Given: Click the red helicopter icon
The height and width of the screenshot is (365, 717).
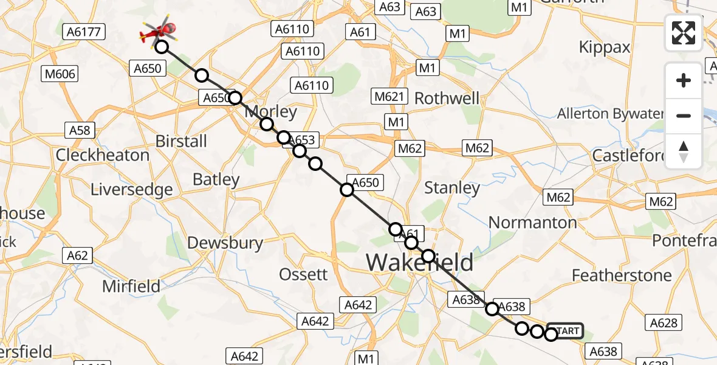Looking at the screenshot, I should tap(159, 31).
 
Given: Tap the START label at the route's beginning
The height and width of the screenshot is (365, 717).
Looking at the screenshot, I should tap(566, 331).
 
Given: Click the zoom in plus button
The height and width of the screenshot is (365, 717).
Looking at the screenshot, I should tap(684, 80).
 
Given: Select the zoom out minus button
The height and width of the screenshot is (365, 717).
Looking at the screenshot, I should tap(684, 116).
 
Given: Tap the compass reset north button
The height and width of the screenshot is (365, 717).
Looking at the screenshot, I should tap(684, 151).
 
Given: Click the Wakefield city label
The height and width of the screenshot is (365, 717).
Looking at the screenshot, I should tap(419, 263).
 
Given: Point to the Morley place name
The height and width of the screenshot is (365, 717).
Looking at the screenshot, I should tap(270, 113).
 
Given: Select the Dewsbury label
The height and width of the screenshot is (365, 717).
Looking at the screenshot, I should tap(225, 243).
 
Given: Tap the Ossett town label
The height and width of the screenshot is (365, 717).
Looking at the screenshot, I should tap(304, 274).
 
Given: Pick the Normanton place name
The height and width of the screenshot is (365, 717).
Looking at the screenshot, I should tap(532, 223).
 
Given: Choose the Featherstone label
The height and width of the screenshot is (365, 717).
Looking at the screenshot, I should tap(622, 276).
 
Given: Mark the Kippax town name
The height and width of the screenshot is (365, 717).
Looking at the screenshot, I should tap(605, 47).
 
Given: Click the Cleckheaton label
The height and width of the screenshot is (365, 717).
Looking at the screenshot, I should tap(103, 155).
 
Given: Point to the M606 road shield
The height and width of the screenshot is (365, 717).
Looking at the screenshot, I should tap(60, 74).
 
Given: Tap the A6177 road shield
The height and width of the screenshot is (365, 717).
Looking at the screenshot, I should tap(84, 31).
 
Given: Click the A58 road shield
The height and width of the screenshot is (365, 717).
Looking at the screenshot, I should tap(80, 130).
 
